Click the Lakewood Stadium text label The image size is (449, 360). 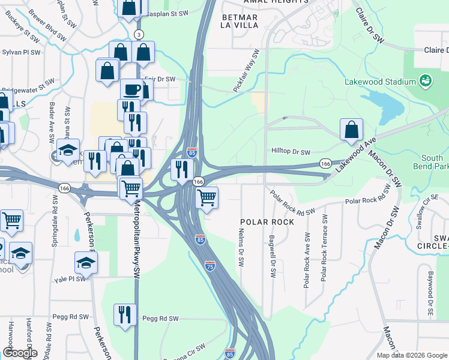(381, 82)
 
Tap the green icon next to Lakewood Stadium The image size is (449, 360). (425, 80)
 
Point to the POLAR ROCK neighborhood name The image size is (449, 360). (267, 222)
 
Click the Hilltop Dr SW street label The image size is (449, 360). (291, 152)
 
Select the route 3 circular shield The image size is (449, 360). (139, 35)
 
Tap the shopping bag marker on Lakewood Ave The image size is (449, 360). (351, 129)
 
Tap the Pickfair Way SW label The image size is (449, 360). (248, 71)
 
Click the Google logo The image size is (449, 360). (19, 353)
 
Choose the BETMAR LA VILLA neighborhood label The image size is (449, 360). (240, 22)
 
